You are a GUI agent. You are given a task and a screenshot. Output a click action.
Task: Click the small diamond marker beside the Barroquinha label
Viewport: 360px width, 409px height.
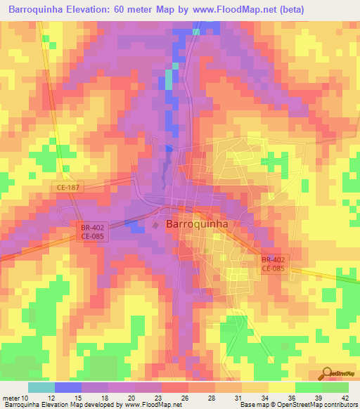click(x=156, y=225)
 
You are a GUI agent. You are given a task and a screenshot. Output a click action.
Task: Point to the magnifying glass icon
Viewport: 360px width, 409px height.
click(x=327, y=373)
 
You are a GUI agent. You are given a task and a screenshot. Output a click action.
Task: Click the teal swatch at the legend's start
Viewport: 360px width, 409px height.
click(x=41, y=388)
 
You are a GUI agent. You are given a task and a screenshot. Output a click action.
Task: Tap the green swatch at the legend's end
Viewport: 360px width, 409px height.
click(x=335, y=388)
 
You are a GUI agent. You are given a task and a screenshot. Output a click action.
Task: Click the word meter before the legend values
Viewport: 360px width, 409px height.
click(x=12, y=398)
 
